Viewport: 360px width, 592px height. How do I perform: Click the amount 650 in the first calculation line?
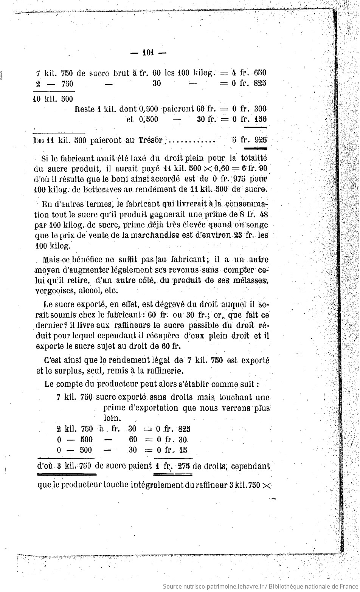tap(260, 73)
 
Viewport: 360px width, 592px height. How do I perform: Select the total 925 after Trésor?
tap(261, 139)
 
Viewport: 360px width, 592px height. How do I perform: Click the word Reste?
tap(85, 109)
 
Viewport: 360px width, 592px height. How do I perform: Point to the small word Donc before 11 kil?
tap(39, 140)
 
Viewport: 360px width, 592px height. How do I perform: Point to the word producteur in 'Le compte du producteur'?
tap(116, 384)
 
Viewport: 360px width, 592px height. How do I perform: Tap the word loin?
tap(112, 418)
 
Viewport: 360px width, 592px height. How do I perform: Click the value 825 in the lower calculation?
tap(184, 429)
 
